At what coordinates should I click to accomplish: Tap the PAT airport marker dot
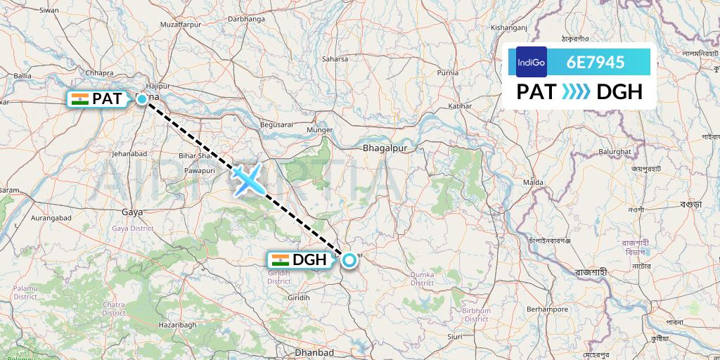(x=142, y=99)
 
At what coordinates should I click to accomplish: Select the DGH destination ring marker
(x=349, y=261)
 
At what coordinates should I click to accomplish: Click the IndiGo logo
(x=532, y=62)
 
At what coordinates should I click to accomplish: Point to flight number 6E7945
(x=596, y=62)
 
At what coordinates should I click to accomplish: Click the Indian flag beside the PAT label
(x=79, y=99)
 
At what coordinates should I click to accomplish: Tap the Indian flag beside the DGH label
(x=280, y=259)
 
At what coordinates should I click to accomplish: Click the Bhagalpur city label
(x=385, y=148)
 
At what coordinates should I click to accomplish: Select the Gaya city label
(x=131, y=211)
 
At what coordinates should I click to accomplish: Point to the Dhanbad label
(x=314, y=353)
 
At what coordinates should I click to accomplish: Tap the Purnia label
(x=448, y=72)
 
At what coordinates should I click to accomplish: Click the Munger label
(x=319, y=130)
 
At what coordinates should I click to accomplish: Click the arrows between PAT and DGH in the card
(x=577, y=92)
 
